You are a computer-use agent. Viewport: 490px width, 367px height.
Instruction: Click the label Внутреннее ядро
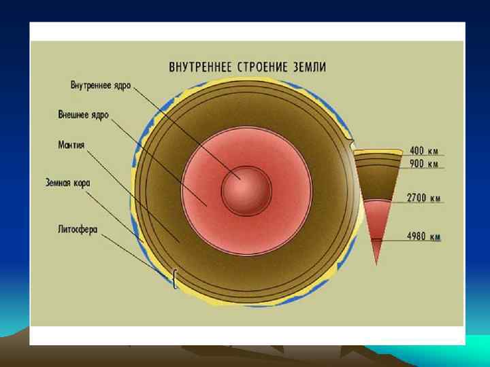click(101, 86)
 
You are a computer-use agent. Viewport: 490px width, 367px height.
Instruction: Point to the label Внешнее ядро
click(83, 115)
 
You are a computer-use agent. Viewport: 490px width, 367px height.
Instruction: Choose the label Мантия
click(71, 145)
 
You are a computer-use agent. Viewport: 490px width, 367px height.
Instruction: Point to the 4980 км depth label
click(424, 237)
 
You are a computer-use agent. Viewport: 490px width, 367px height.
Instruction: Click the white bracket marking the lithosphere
click(176, 278)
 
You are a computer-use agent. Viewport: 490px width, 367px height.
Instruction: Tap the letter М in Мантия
click(62, 145)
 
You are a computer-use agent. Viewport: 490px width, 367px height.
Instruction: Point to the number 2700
click(416, 198)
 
